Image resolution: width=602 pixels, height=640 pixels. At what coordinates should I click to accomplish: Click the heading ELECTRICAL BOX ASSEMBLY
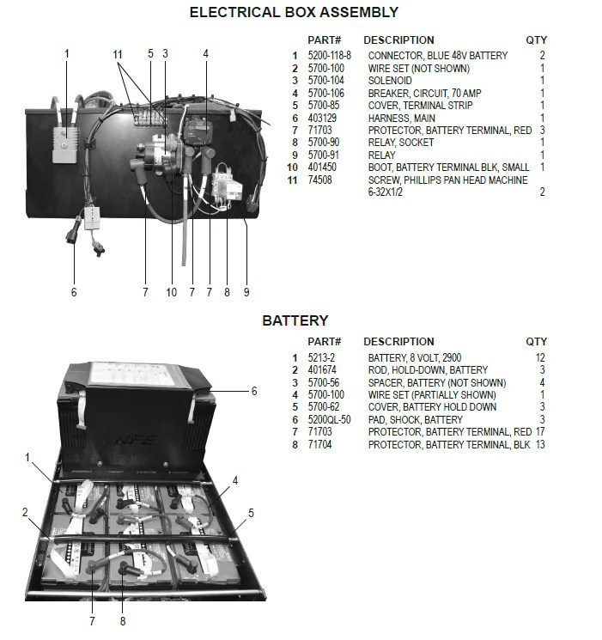(x=294, y=12)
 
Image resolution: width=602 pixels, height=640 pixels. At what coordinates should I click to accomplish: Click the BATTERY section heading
(x=295, y=320)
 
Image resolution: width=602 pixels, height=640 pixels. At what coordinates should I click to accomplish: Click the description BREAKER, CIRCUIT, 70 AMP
(x=424, y=93)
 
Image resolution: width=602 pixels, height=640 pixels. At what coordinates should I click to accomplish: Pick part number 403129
(x=324, y=119)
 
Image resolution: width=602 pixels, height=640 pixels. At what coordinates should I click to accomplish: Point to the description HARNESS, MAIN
(x=401, y=119)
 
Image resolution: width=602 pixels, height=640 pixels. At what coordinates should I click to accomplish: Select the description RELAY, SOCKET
(x=401, y=143)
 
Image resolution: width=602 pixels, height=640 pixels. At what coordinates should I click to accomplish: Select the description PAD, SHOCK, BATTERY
(x=416, y=420)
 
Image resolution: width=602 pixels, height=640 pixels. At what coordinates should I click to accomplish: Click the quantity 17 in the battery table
(x=538, y=432)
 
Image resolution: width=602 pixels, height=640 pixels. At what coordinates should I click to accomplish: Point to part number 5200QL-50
(x=331, y=420)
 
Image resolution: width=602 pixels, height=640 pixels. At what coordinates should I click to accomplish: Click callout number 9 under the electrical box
(x=246, y=292)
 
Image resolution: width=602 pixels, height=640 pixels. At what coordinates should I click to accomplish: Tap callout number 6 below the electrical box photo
(x=74, y=292)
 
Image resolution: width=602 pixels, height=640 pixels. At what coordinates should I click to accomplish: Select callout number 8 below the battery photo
(x=122, y=619)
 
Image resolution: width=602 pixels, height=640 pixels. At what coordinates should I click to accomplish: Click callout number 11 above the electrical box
(x=119, y=53)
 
